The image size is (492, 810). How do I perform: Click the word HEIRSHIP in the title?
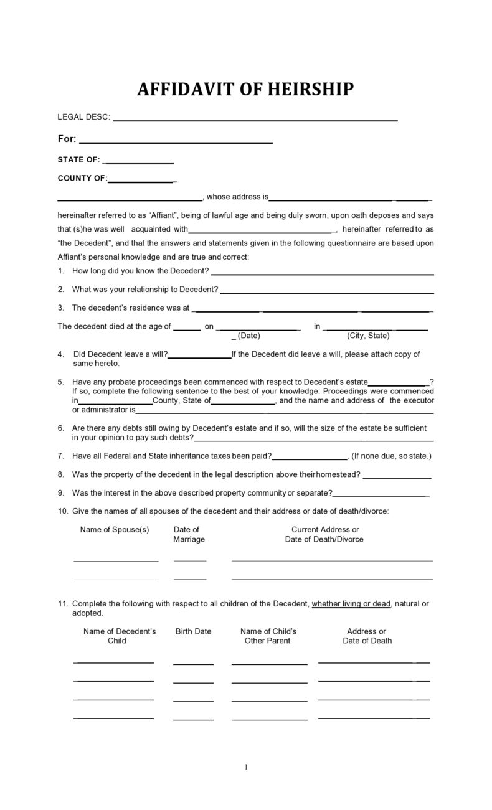(x=310, y=90)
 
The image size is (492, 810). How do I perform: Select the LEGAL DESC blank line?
(x=255, y=119)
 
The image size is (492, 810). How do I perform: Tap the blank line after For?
(x=176, y=142)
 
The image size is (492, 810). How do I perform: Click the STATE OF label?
(x=78, y=160)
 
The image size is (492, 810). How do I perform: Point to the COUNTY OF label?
(x=82, y=179)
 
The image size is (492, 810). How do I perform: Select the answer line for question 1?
(x=322, y=273)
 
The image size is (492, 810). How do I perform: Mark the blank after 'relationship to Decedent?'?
(x=327, y=291)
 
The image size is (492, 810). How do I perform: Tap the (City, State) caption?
(x=368, y=336)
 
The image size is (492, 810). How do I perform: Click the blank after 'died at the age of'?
(x=187, y=328)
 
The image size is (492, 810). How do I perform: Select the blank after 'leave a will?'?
(x=199, y=357)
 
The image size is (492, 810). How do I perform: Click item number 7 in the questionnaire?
(x=61, y=456)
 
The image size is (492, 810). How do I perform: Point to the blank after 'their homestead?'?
(x=397, y=477)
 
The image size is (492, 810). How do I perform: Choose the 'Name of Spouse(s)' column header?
(x=115, y=530)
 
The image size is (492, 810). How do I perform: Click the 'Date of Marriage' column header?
(x=189, y=534)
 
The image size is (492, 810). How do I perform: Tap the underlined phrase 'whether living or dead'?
(x=351, y=603)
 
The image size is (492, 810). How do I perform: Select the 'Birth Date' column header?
(x=193, y=631)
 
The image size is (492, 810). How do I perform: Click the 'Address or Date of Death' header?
(x=367, y=636)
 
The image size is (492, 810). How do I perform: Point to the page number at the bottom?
(x=246, y=767)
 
